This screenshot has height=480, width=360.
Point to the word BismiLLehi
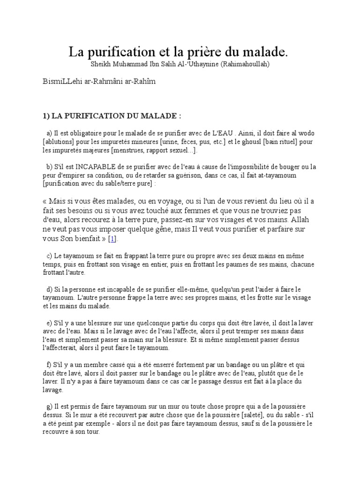tap(60, 81)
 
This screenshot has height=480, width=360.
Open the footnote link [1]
tap(112, 239)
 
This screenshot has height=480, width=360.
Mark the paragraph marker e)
tap(50, 323)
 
